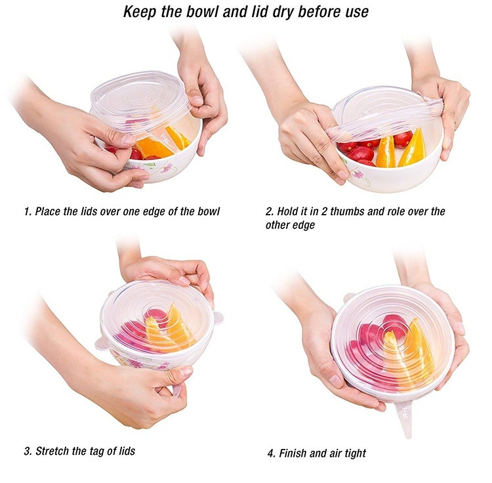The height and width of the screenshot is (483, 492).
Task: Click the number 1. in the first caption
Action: [28, 211]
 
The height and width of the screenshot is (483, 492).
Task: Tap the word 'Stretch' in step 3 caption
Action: [52, 451]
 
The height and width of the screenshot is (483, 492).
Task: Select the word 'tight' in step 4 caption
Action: [355, 454]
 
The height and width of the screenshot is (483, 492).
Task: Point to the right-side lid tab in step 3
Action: [218, 317]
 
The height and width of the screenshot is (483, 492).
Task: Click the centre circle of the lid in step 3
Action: [154, 312]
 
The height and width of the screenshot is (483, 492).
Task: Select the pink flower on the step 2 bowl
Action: [358, 173]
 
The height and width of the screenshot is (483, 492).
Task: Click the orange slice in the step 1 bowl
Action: [154, 148]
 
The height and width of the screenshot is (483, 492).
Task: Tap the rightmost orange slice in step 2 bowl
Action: [412, 148]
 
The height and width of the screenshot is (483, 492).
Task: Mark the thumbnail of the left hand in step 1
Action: [128, 139]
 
